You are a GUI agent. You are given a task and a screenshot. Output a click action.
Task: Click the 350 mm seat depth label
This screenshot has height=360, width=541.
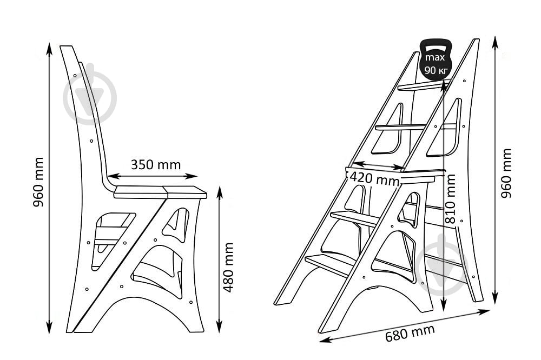156,164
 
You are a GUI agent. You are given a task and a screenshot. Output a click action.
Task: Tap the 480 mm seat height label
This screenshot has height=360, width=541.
228,267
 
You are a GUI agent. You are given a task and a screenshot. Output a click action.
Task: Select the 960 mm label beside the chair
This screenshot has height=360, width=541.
38,182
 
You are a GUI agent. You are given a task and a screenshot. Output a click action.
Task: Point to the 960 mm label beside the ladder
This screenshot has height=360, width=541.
506,173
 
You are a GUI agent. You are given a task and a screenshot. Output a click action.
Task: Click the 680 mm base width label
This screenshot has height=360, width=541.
410,333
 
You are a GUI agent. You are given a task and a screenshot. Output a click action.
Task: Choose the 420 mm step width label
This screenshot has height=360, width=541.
374,178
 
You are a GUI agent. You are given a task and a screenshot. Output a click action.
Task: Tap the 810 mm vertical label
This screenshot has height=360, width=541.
450,199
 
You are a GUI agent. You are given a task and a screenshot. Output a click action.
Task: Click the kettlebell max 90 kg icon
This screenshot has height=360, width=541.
435,59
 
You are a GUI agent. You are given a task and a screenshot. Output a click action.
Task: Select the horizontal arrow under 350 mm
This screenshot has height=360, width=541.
153,176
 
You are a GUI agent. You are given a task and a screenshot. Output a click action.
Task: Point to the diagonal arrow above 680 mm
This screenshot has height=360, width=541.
405,326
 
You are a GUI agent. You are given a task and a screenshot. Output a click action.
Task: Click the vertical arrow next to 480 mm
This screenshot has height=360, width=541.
220,259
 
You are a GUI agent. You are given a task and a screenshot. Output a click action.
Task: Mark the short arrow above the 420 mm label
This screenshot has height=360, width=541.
379,165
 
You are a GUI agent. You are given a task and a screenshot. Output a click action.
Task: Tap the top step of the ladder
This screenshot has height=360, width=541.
424,85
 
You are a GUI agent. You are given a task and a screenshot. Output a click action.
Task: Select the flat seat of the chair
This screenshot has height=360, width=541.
160,192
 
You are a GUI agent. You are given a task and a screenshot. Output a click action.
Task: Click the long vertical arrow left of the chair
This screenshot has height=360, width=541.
50,188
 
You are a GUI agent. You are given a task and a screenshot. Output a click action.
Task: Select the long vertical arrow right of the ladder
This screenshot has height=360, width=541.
495,170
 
